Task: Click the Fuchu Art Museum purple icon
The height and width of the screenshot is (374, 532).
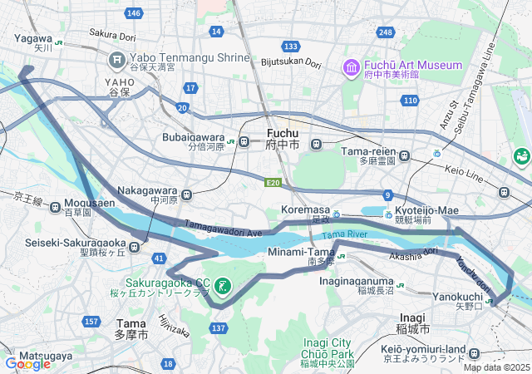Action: coord(350,66)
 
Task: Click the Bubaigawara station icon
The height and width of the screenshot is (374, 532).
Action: coord(244,142)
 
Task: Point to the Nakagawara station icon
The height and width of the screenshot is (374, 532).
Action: coord(186,195)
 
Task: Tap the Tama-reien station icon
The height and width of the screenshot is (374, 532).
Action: coord(405,155)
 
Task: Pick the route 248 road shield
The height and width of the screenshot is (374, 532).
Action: coord(384,32)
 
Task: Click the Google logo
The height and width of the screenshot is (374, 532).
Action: coord(27,363)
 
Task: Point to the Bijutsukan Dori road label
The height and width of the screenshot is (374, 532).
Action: coord(291,62)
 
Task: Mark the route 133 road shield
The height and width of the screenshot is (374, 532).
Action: coord(290,46)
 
